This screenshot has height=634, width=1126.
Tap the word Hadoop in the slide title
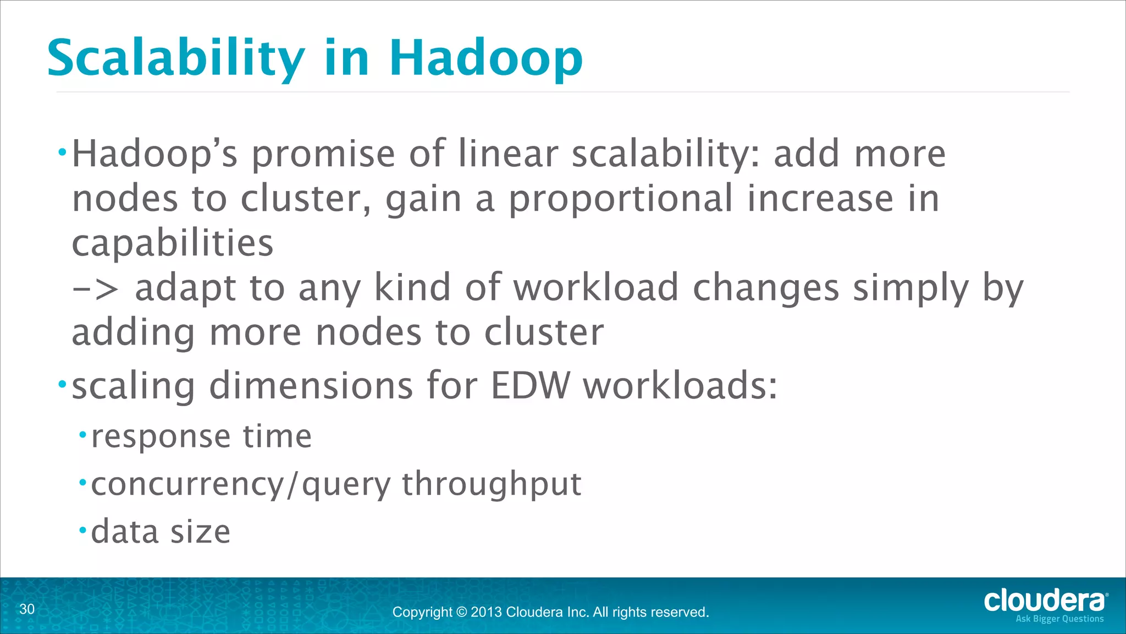486,58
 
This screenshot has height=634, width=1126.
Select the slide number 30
27,609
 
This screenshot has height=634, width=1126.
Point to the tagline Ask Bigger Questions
1059,619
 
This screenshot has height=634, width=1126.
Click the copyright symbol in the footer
461,612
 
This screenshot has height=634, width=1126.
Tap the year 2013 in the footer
486,612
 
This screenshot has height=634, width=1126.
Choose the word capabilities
173,243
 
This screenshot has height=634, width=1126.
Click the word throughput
492,484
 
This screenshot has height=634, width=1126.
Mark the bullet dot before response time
83,435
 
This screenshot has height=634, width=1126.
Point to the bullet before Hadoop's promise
63,151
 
